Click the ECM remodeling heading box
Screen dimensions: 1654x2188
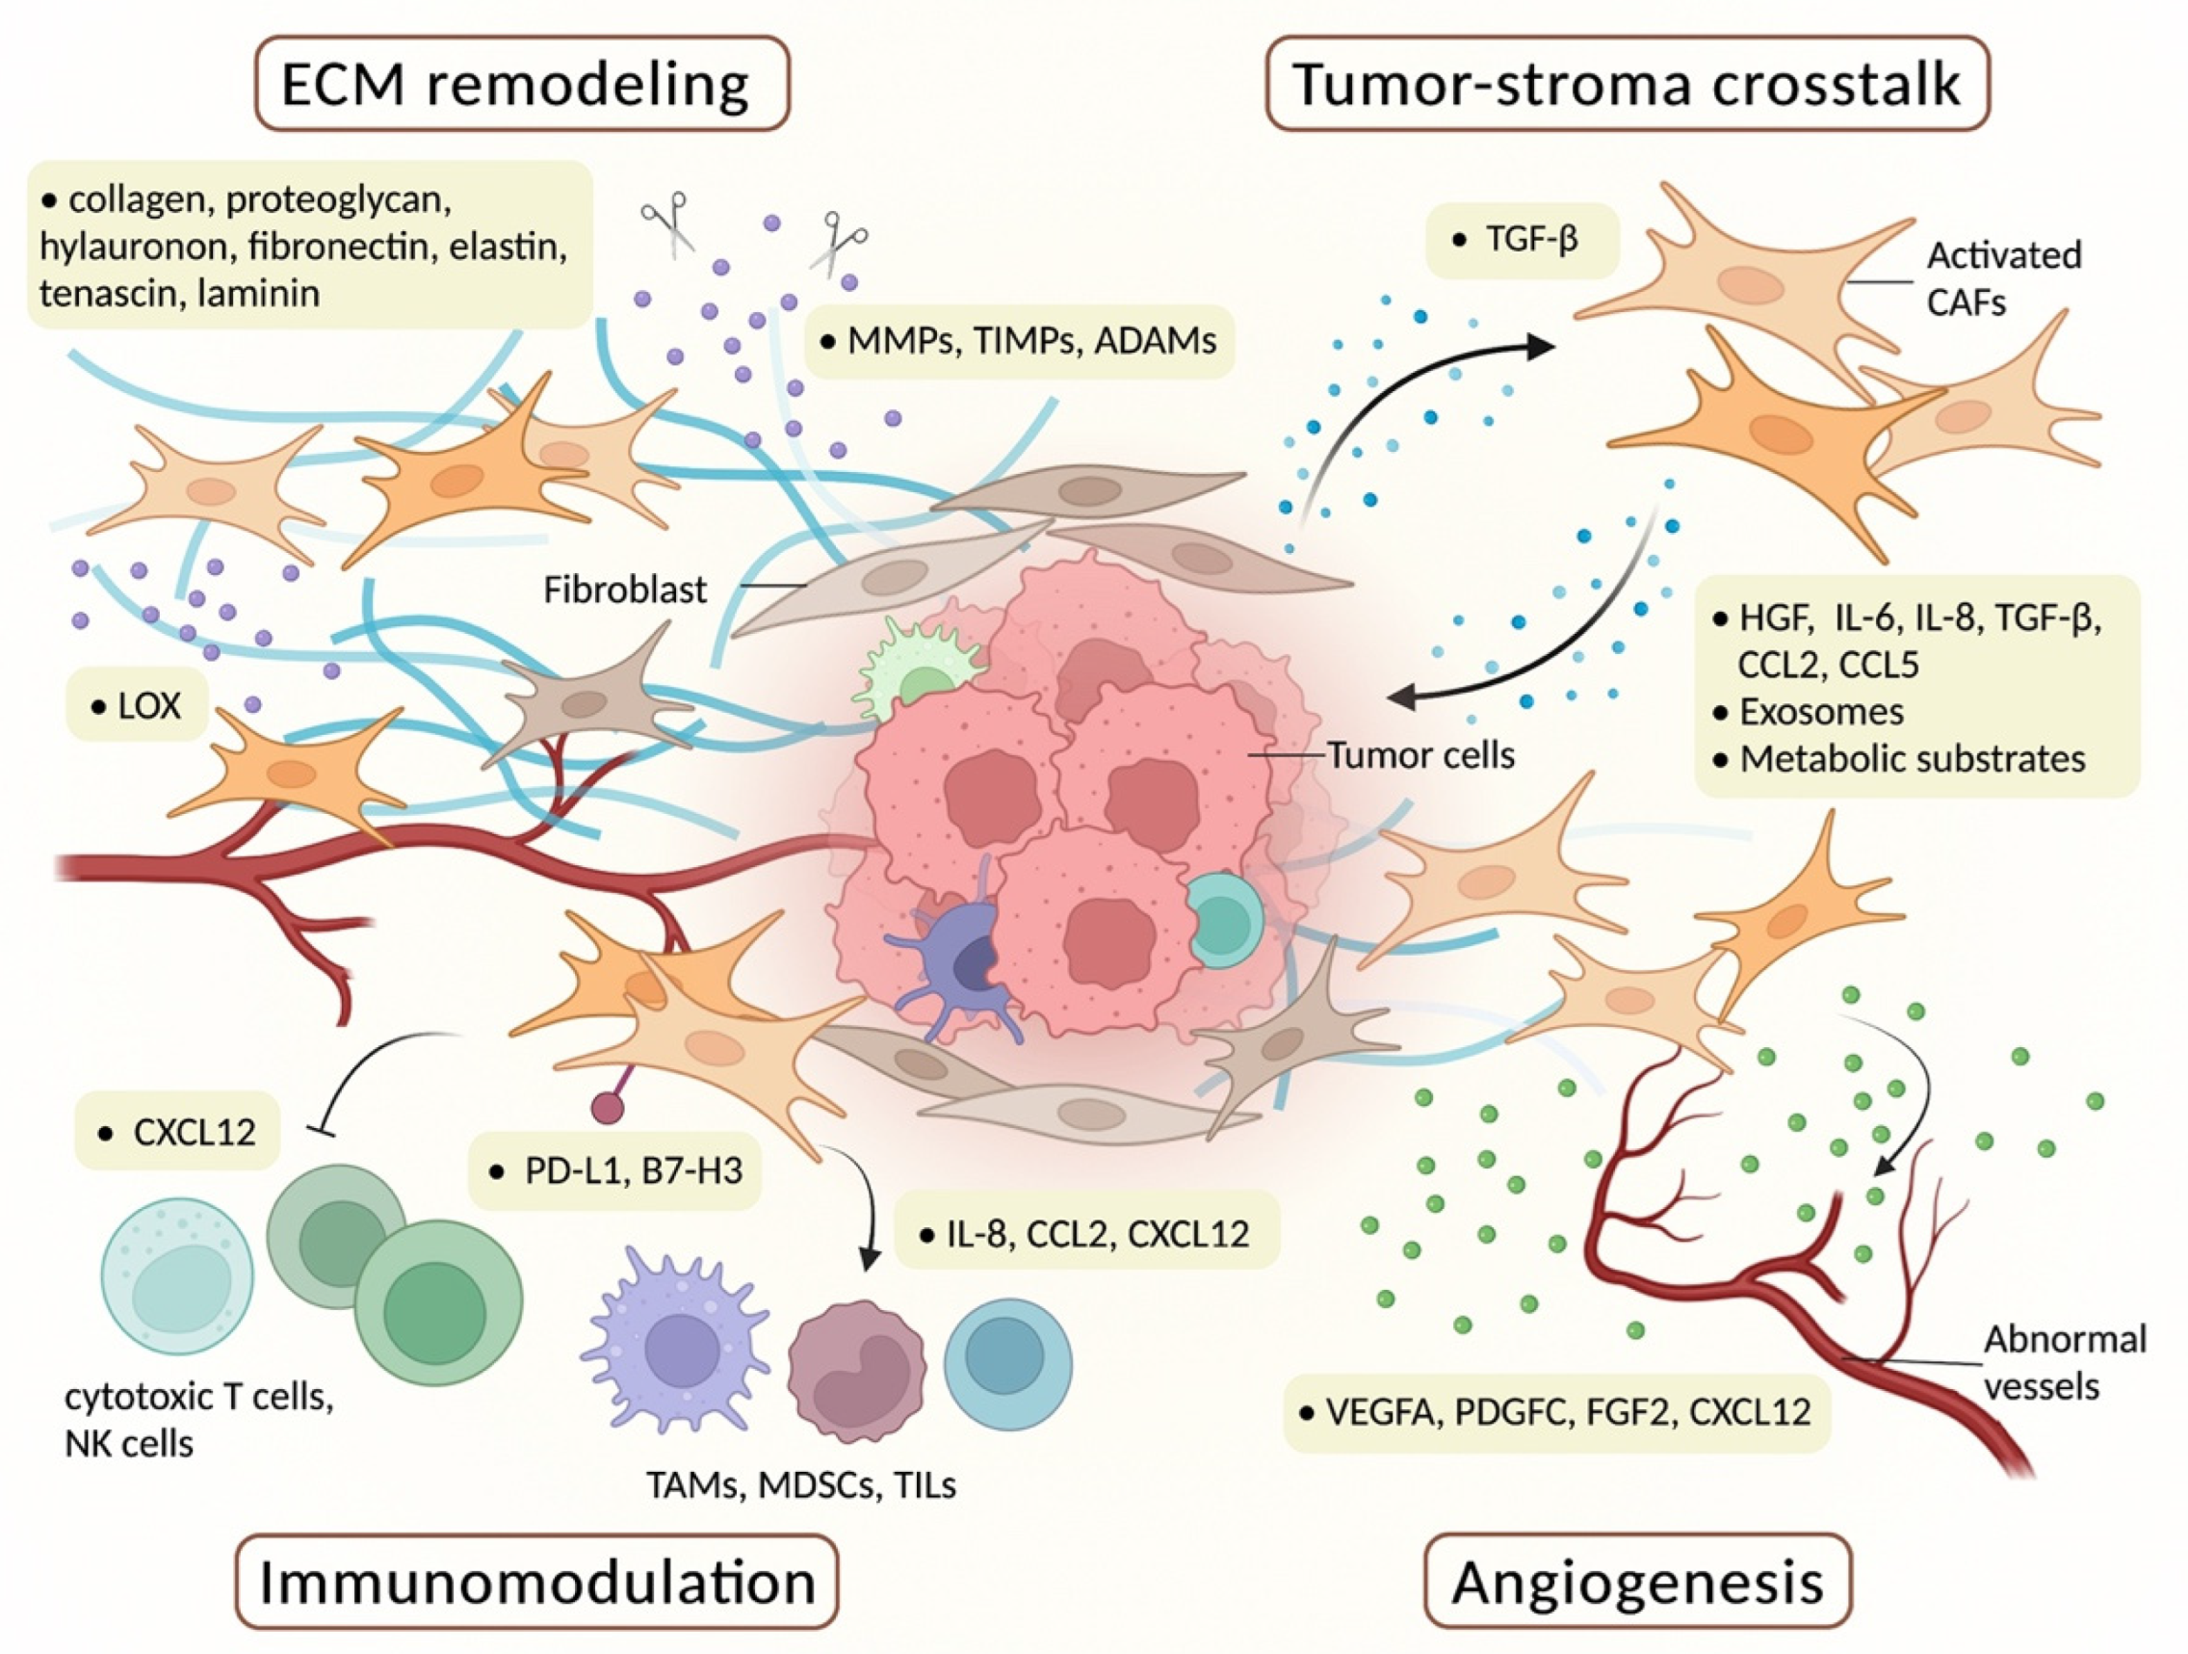521,84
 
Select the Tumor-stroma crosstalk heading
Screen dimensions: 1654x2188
1627,84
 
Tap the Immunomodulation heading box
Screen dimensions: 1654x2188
536,1582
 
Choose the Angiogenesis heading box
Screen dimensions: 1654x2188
1637,1582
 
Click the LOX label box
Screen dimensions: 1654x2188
138,706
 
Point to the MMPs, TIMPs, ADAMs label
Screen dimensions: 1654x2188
1020,341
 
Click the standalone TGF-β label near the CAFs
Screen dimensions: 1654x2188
1522,241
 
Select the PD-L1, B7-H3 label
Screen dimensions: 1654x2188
615,1171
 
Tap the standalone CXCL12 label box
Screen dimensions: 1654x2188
178,1131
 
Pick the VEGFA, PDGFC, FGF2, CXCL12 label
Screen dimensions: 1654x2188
1556,1411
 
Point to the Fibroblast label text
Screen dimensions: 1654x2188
625,591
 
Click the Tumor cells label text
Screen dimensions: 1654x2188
1420,756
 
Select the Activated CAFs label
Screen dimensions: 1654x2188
2002,278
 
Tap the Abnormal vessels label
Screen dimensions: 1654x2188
2064,1362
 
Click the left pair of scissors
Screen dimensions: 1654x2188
665,222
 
